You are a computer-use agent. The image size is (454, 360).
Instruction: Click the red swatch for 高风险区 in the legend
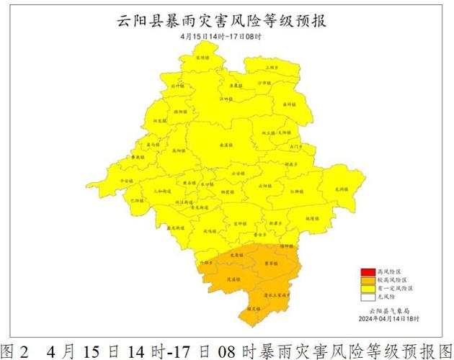coord(368,272)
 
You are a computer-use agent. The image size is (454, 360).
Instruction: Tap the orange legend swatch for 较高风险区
coord(368,280)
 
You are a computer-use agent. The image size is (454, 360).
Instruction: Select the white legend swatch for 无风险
coord(368,296)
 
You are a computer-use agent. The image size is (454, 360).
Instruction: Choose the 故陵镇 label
coord(311,218)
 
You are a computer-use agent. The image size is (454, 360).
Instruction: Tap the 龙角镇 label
coord(234,254)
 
